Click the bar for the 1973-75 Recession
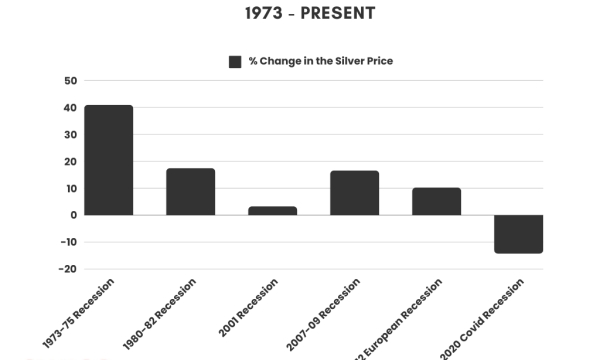108,160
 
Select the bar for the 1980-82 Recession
190,191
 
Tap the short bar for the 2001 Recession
272,210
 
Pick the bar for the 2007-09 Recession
354,192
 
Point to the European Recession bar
436,201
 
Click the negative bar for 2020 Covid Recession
518,233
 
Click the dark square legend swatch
235,61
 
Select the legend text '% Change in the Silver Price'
320,61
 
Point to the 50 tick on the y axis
70,81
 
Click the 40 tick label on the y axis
70,108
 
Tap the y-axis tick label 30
70,135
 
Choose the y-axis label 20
70,162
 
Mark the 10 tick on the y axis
70,188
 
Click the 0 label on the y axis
73,215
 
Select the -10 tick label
68,242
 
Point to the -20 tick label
68,269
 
